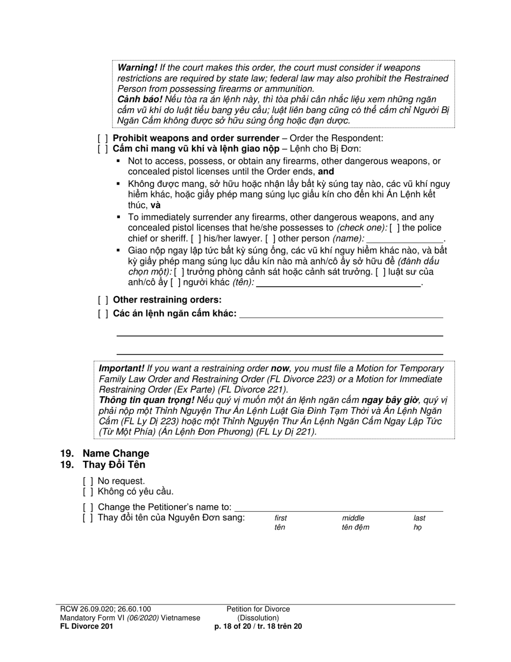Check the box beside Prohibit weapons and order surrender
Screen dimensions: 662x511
coord(102,138)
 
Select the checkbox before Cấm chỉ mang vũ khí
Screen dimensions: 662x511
coord(102,149)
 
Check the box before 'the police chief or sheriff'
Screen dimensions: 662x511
coord(394,228)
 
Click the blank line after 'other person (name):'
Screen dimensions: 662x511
coord(404,239)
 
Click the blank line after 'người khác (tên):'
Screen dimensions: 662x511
coord(338,283)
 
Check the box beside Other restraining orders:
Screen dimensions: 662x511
coord(102,300)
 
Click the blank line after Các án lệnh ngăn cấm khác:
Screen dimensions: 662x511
coord(341,314)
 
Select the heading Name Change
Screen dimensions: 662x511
coord(116,453)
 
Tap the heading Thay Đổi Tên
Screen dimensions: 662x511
coord(113,464)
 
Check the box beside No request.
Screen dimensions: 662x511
coord(88,481)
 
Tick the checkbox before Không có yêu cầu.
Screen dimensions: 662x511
coord(88,491)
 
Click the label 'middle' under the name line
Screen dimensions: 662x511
coord(353,518)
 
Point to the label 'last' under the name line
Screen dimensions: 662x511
coord(419,518)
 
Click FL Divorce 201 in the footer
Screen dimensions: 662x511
coord(87,626)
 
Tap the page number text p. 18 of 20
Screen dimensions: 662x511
coord(237,626)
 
